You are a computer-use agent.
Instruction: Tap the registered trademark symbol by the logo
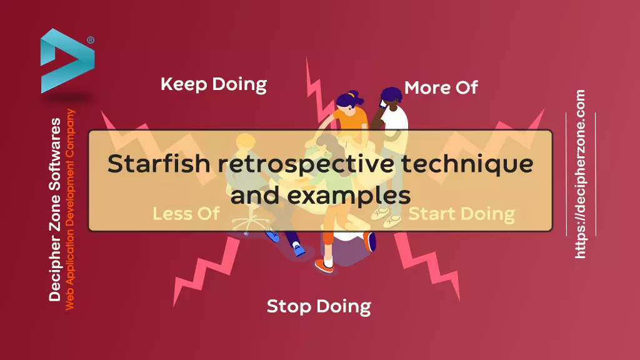pos(91,40)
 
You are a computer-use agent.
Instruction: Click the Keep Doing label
pos(214,84)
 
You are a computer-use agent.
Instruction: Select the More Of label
pos(441,87)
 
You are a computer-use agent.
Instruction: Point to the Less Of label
pos(186,214)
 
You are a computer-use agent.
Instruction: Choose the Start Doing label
pos(462,214)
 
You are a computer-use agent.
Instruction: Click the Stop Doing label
pos(319,306)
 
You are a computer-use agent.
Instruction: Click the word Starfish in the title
pos(159,164)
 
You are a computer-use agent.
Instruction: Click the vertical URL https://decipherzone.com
pos(580,174)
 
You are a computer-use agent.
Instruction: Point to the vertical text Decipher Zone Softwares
pos(55,210)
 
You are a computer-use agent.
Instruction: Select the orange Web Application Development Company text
pos(70,209)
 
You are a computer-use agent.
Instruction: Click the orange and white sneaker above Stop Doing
pos(324,266)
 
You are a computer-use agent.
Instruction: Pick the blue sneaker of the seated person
pos(299,249)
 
